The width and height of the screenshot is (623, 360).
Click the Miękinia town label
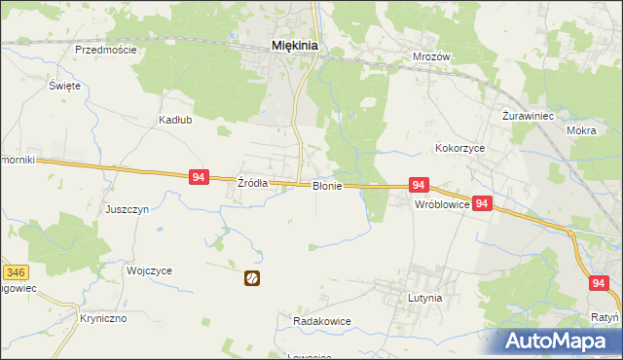297,45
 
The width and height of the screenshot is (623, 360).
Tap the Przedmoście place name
105,50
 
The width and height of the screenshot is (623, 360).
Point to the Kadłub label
175,121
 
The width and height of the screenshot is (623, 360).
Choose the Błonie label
326,186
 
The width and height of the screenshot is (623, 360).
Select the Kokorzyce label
459,148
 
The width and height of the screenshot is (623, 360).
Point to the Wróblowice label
443,205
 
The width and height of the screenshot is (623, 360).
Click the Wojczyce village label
149,270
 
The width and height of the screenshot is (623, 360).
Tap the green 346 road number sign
14,272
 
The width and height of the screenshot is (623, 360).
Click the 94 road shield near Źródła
199,177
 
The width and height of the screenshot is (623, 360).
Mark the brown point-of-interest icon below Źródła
252,278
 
